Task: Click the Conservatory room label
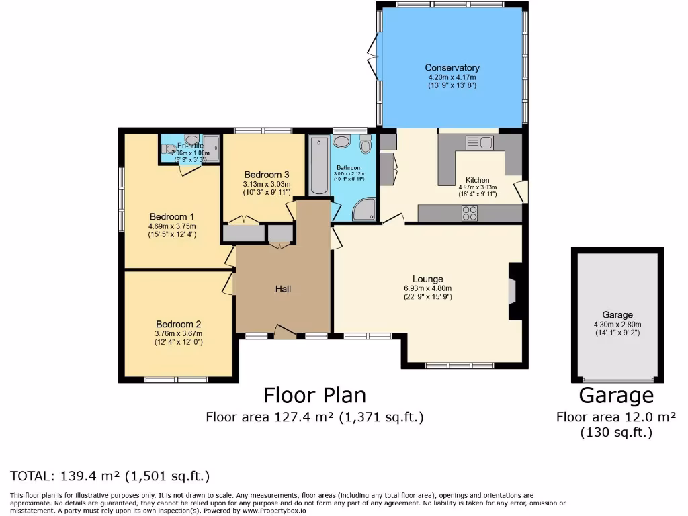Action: pos(451,67)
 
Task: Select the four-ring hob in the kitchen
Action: pos(470,213)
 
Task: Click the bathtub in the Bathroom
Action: pos(319,165)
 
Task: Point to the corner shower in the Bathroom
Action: pos(365,209)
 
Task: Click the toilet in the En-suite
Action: pos(169,149)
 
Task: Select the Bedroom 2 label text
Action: pos(178,323)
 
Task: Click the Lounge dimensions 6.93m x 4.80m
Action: pos(428,288)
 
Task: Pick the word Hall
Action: pos(283,289)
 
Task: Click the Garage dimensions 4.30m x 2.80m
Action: pos(617,323)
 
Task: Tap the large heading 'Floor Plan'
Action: pos(314,394)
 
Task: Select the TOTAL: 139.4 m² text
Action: pos(110,476)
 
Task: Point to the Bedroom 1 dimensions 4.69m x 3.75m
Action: pos(172,226)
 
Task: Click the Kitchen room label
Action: pos(478,180)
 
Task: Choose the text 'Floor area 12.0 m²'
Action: pos(615,417)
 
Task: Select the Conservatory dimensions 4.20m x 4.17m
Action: pos(451,77)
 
